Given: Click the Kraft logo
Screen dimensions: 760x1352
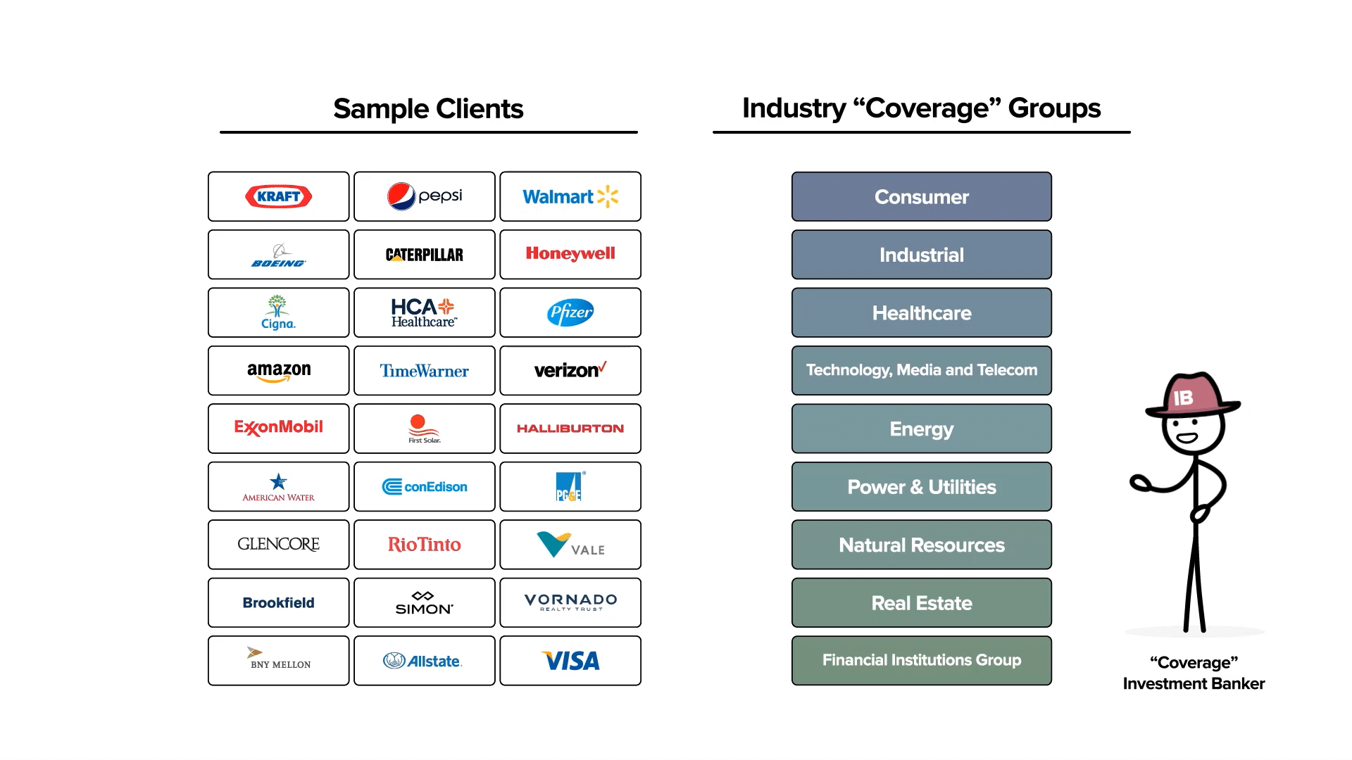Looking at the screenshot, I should tap(278, 196).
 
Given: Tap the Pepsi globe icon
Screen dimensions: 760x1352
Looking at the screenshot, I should tap(401, 196).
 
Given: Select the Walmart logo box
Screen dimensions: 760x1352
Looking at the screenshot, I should tap(570, 196).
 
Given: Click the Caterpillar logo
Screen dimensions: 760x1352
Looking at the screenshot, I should tap(424, 255).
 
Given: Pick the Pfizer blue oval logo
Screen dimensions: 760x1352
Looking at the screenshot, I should tap(570, 312).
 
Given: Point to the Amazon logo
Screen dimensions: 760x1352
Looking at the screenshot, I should tap(278, 371).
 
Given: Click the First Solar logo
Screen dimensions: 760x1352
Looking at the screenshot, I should tap(424, 428).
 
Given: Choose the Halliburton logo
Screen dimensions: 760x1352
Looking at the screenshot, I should tap(570, 429).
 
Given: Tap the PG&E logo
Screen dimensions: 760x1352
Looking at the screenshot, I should tap(569, 486).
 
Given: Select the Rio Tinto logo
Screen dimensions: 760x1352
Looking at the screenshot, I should tap(424, 545).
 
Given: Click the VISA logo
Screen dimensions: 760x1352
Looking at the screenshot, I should tap(570, 661).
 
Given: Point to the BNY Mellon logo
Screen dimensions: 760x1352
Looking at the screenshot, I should tap(280, 659).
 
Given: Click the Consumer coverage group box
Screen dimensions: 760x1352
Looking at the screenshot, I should tap(921, 197).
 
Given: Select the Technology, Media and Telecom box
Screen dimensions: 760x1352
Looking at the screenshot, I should tap(921, 370).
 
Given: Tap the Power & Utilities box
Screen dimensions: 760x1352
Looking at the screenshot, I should tap(921, 487).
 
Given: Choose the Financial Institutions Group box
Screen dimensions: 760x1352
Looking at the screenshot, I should tap(921, 660).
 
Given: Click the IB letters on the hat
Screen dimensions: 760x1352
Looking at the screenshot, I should tap(1183, 398).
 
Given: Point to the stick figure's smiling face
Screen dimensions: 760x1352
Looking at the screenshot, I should tap(1187, 433).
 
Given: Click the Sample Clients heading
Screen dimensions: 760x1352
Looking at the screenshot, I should tap(428, 109).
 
